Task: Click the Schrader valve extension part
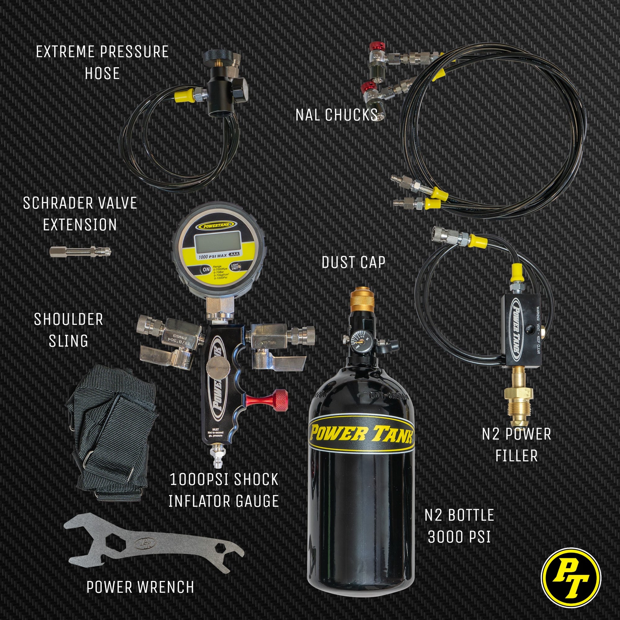[x=80, y=252]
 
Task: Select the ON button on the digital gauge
[x=206, y=269]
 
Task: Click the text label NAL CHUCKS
[x=336, y=115]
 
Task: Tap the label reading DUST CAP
[x=353, y=263]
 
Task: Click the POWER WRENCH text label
[x=140, y=587]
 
